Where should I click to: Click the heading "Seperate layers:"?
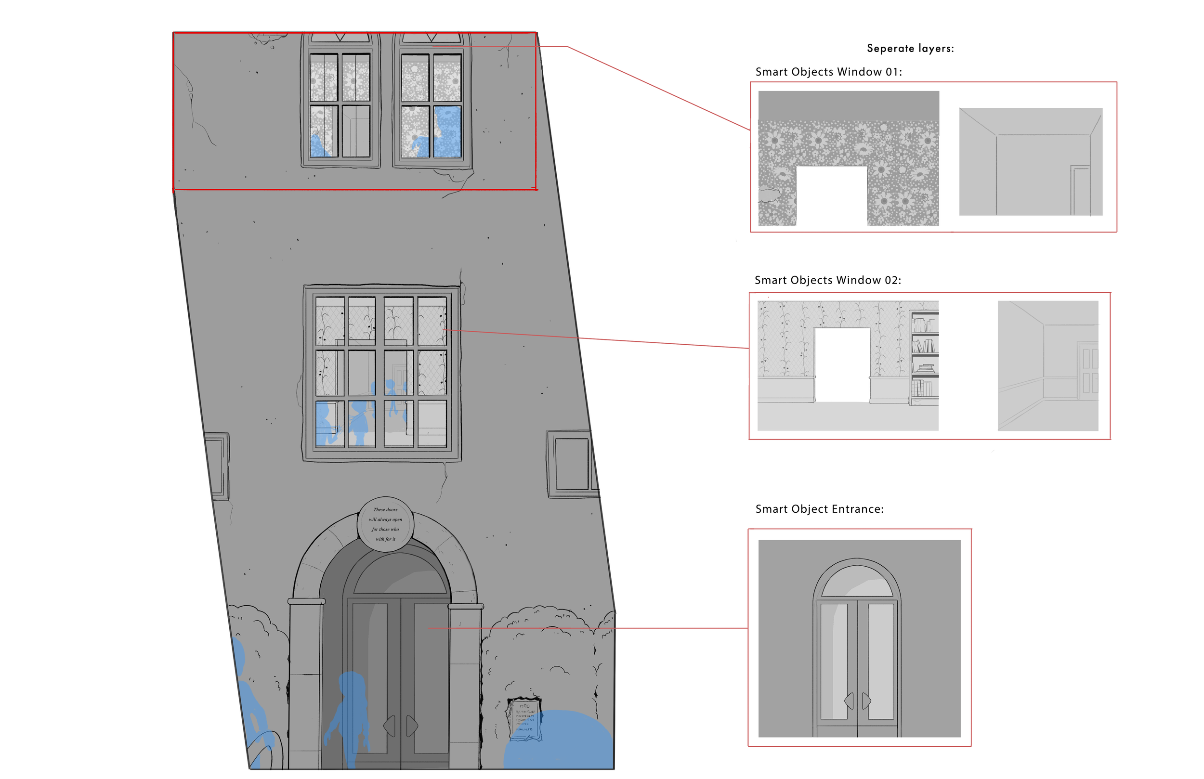click(910, 49)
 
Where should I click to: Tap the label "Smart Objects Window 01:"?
click(828, 72)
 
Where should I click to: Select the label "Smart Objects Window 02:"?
click(827, 280)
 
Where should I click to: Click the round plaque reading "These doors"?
click(385, 525)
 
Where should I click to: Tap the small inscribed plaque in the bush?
click(524, 719)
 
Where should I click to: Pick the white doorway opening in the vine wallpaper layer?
click(842, 364)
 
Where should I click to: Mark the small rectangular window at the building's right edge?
click(572, 464)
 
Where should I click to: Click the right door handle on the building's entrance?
click(412, 726)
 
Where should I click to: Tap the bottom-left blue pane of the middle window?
click(329, 423)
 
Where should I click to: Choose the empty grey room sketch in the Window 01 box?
click(1031, 162)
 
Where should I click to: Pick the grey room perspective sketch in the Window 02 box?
click(1047, 366)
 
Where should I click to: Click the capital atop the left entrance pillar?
click(306, 601)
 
